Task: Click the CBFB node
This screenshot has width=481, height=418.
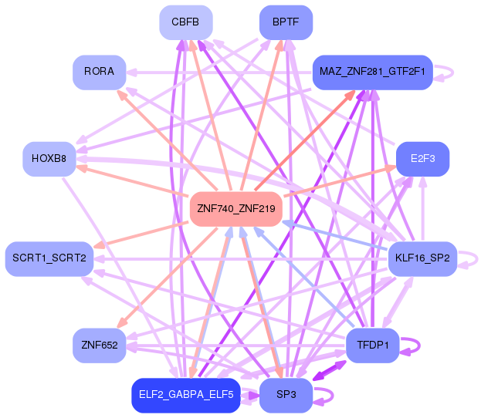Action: coord(185,22)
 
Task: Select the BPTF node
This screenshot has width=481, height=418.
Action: coord(286,22)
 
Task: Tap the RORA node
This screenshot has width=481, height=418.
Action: coord(99,72)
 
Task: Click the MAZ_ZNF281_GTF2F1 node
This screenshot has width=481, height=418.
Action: coord(371,72)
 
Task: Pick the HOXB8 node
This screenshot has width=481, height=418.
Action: coord(49,159)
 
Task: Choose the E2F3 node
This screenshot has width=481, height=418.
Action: coord(422,159)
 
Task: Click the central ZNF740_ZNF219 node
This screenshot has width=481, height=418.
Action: coord(235,208)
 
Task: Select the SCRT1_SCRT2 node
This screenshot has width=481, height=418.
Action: coord(49,258)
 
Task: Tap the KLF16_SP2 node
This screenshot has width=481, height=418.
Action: coord(422,258)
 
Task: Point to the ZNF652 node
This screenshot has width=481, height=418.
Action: coord(99,345)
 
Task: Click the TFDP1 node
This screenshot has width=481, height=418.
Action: coord(372,345)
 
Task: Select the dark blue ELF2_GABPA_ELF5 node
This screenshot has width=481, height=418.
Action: coord(185,394)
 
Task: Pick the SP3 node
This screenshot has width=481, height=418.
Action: coord(286,394)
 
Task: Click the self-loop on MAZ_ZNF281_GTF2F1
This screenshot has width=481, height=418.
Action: coord(446,72)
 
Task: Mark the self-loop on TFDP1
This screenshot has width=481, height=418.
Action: coord(415,345)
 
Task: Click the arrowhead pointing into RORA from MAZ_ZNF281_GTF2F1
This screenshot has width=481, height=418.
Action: coord(131,72)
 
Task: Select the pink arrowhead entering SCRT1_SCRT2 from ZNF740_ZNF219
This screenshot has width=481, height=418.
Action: coord(97,246)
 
